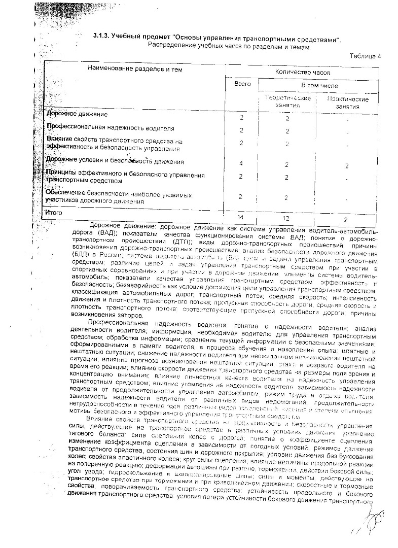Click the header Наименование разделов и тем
(135, 68)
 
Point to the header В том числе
(319, 86)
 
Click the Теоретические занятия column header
(287, 101)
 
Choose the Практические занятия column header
(348, 102)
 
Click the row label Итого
(54, 213)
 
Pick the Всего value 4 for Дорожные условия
(242, 163)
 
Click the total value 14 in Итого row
(241, 218)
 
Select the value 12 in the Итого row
(286, 218)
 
